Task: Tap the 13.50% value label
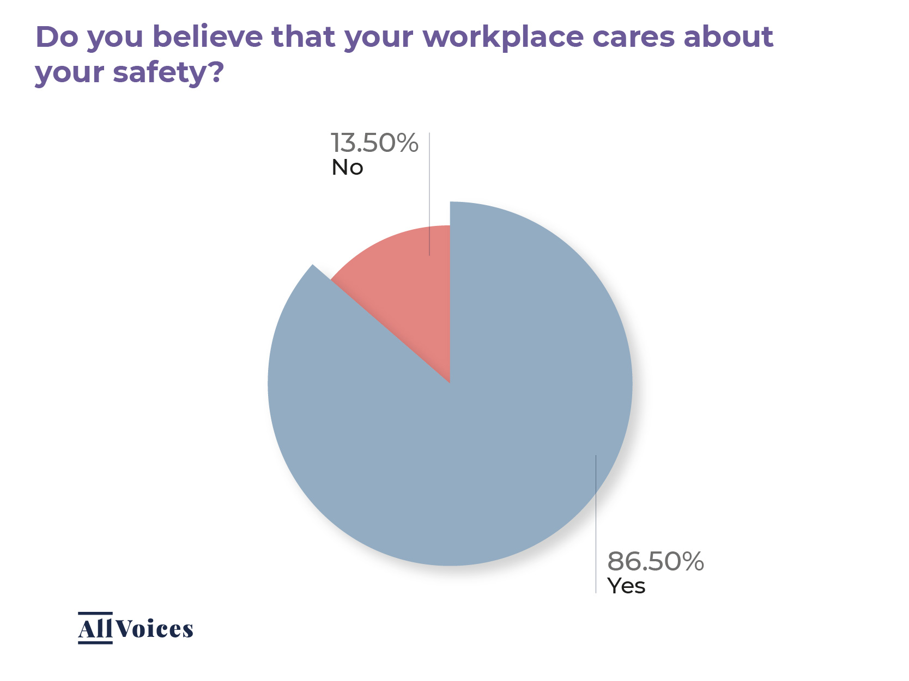coord(374,143)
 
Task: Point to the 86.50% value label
coord(655,561)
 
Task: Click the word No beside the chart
coord(347,168)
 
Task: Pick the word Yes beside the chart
coord(626,586)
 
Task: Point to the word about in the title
coord(729,37)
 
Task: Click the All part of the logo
coord(95,629)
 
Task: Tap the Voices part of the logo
coord(154,629)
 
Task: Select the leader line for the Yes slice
coord(596,523)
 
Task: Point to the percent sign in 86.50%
coord(691,561)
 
